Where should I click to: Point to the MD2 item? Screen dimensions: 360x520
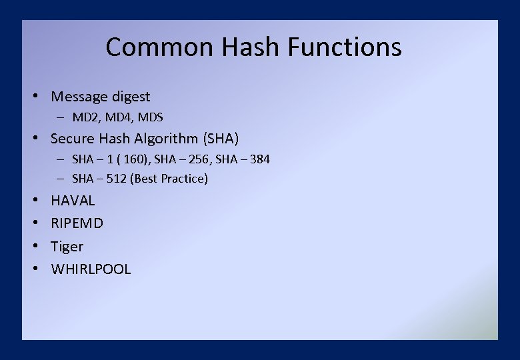coord(85,117)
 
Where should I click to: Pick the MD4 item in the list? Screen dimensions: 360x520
coord(118,117)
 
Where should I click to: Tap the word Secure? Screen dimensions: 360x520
coord(73,139)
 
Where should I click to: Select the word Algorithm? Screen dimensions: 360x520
coord(165,139)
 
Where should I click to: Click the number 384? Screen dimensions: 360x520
coord(259,159)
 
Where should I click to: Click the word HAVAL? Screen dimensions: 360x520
coord(73,201)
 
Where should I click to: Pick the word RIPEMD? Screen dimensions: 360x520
coord(77,223)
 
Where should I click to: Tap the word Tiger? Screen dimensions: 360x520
coord(67,247)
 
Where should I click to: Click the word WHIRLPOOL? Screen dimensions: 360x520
coord(91,269)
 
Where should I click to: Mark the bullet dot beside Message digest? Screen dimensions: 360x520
coord(39,97)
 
